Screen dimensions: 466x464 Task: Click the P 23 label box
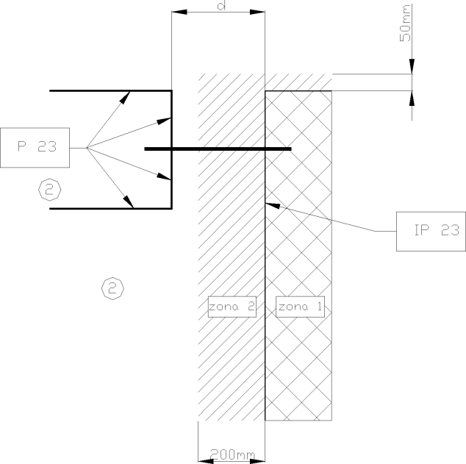35,148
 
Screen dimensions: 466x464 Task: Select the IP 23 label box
431,232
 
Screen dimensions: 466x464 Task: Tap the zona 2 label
232,307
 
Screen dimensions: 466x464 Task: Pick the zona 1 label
300,307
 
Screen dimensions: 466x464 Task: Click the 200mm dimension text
232,454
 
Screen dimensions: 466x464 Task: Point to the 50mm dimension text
406,23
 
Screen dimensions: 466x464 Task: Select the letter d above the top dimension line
222,5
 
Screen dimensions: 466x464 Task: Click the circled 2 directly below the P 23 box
50,190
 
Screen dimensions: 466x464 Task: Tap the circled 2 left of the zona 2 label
112,288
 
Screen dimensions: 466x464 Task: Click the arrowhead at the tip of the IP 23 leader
273,205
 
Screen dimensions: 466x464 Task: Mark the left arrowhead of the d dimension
179,12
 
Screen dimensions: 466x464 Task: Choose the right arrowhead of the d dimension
257,12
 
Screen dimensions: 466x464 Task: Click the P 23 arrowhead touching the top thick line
125,97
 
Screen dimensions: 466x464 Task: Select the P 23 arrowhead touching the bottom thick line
129,201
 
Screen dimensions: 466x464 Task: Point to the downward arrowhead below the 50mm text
412,66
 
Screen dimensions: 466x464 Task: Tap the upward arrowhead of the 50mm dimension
412,98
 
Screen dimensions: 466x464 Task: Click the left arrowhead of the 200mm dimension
206,461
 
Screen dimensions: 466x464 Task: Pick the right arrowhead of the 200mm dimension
257,461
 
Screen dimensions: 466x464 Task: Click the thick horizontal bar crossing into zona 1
218,149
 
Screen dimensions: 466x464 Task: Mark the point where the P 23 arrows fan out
87,148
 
